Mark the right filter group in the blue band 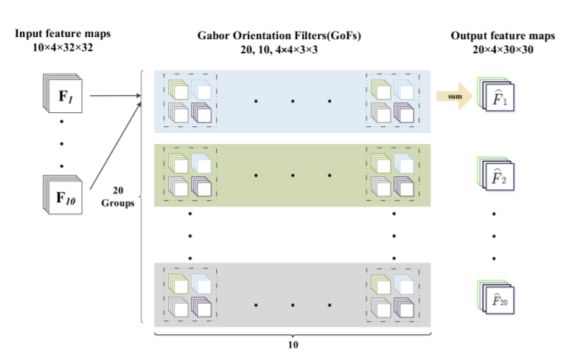click(393, 100)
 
